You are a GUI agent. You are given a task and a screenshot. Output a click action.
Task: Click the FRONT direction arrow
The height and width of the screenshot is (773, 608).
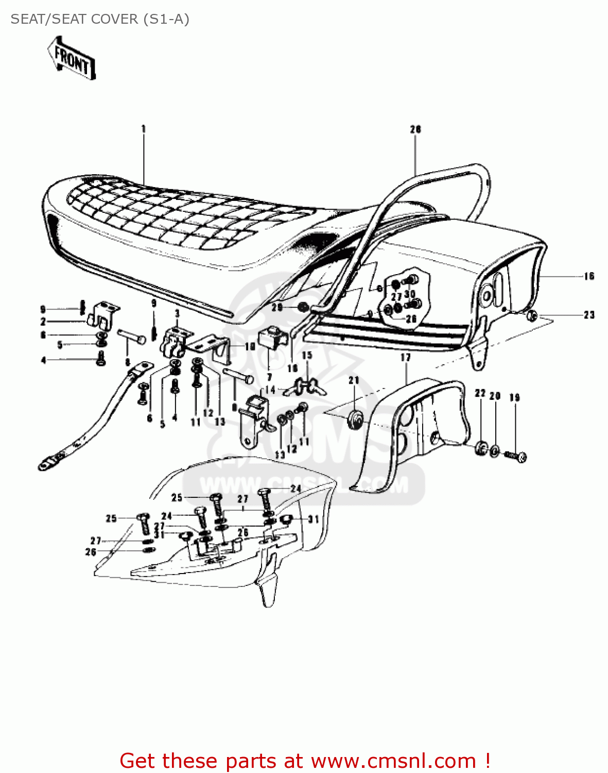72,58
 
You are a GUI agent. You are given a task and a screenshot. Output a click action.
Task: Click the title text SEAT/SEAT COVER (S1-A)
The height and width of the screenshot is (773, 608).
100,19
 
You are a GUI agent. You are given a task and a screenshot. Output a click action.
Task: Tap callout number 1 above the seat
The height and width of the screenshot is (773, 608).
144,128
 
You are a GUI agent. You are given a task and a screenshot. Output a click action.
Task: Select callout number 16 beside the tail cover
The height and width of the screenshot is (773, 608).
589,276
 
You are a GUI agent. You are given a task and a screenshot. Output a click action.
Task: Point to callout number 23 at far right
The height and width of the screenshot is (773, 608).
589,315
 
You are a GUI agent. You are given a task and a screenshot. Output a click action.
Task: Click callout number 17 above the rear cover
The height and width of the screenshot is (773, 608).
406,357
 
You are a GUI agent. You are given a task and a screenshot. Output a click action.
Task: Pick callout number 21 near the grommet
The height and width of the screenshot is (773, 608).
354,380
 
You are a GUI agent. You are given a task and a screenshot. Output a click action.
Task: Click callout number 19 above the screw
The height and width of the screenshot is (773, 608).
514,397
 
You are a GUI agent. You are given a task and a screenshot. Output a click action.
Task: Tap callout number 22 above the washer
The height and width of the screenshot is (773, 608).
480,393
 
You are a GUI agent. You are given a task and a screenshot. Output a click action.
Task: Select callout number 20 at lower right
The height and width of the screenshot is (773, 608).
495,396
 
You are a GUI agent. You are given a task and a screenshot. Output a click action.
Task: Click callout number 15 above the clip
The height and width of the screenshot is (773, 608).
307,355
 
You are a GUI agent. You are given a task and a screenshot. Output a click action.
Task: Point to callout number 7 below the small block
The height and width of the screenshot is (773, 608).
269,378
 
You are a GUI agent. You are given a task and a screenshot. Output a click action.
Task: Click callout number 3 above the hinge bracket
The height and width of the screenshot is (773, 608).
177,313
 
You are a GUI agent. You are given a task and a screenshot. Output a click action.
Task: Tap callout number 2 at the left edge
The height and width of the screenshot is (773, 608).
43,322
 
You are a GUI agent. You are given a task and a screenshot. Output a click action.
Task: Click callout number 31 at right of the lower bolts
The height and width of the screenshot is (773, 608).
314,519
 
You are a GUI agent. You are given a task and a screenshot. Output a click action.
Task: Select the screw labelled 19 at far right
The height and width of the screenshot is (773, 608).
516,456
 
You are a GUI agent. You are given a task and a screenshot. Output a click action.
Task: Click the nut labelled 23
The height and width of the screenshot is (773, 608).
533,315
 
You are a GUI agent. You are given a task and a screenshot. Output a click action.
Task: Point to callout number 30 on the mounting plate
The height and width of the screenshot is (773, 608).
410,294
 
